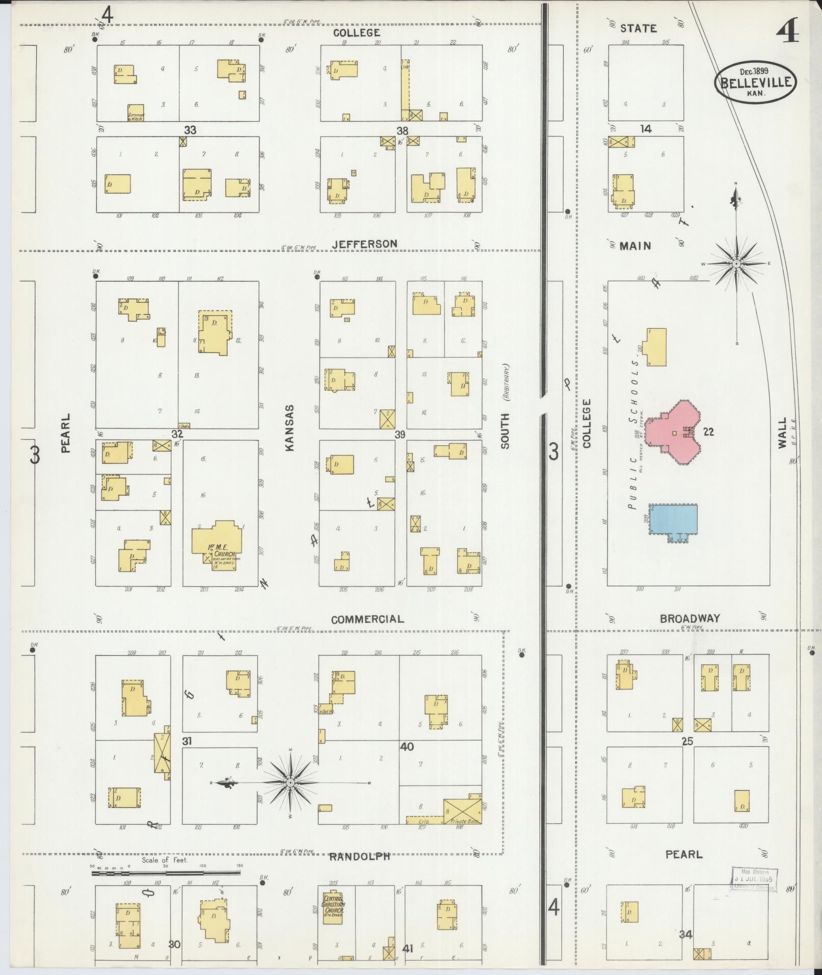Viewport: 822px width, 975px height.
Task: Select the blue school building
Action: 673,519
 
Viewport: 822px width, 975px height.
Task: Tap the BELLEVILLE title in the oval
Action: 756,82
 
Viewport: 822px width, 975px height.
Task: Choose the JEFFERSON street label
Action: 364,244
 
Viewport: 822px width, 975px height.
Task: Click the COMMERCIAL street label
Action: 367,619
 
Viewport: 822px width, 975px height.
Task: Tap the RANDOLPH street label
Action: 359,856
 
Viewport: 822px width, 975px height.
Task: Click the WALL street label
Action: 782,433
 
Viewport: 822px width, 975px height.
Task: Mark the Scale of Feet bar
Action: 166,873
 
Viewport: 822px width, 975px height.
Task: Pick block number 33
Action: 190,130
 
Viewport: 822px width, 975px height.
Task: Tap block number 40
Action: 407,747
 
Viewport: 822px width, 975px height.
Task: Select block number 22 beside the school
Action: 708,432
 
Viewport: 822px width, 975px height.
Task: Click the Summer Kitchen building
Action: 136,113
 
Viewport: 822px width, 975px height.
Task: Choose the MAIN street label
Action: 635,246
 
